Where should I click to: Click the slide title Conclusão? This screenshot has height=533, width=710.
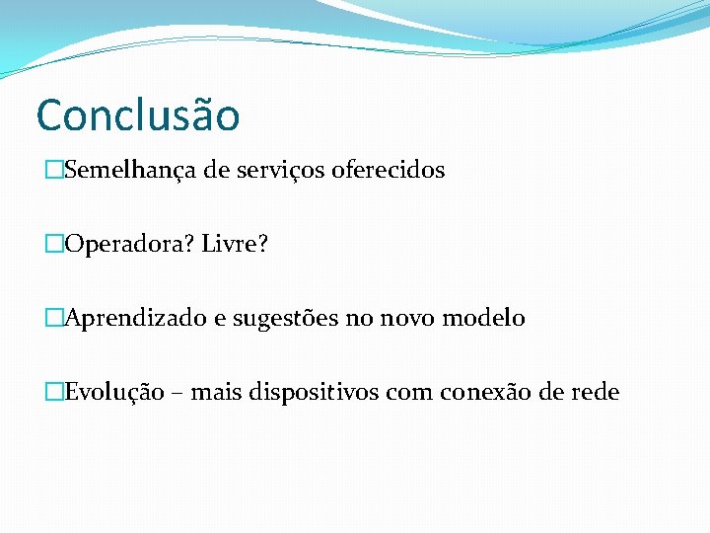(138, 114)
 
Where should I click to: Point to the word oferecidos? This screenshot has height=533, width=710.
(389, 170)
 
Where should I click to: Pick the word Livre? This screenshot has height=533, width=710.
(235, 244)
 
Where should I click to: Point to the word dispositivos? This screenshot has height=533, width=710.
(310, 393)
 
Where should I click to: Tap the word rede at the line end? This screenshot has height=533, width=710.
(594, 393)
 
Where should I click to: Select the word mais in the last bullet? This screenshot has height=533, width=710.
(214, 393)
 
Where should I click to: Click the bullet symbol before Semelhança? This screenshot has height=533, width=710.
(54, 171)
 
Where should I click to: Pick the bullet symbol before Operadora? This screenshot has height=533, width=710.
(54, 245)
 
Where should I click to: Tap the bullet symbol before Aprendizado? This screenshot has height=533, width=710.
(54, 319)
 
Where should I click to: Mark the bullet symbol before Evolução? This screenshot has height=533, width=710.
(54, 393)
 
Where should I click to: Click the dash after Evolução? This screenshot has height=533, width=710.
(177, 394)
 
